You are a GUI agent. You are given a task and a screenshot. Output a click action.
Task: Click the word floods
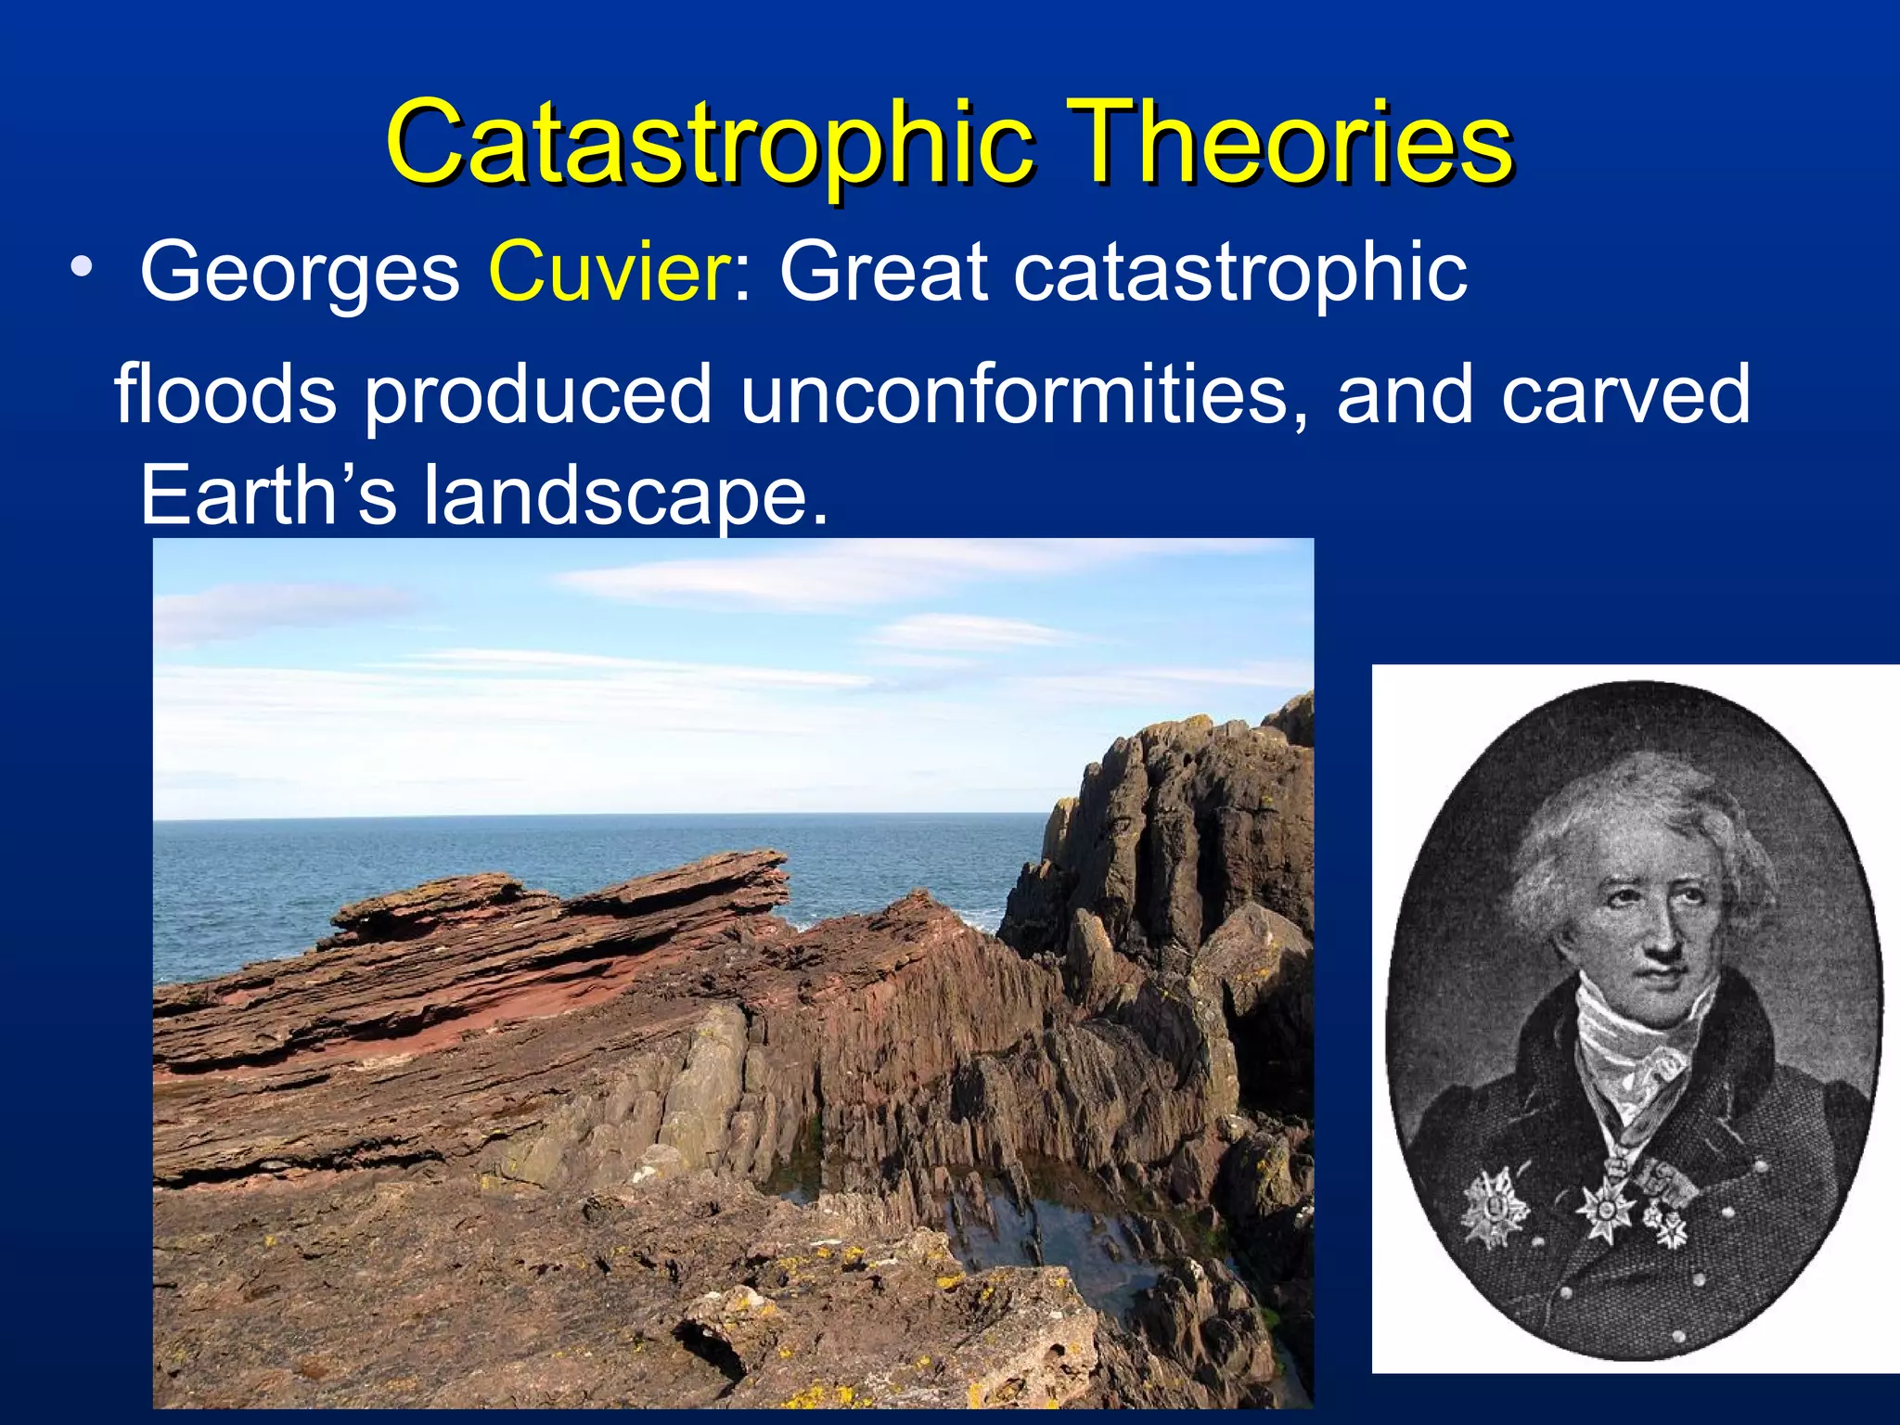[225, 394]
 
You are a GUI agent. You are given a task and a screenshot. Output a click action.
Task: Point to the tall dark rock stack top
[1197, 742]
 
